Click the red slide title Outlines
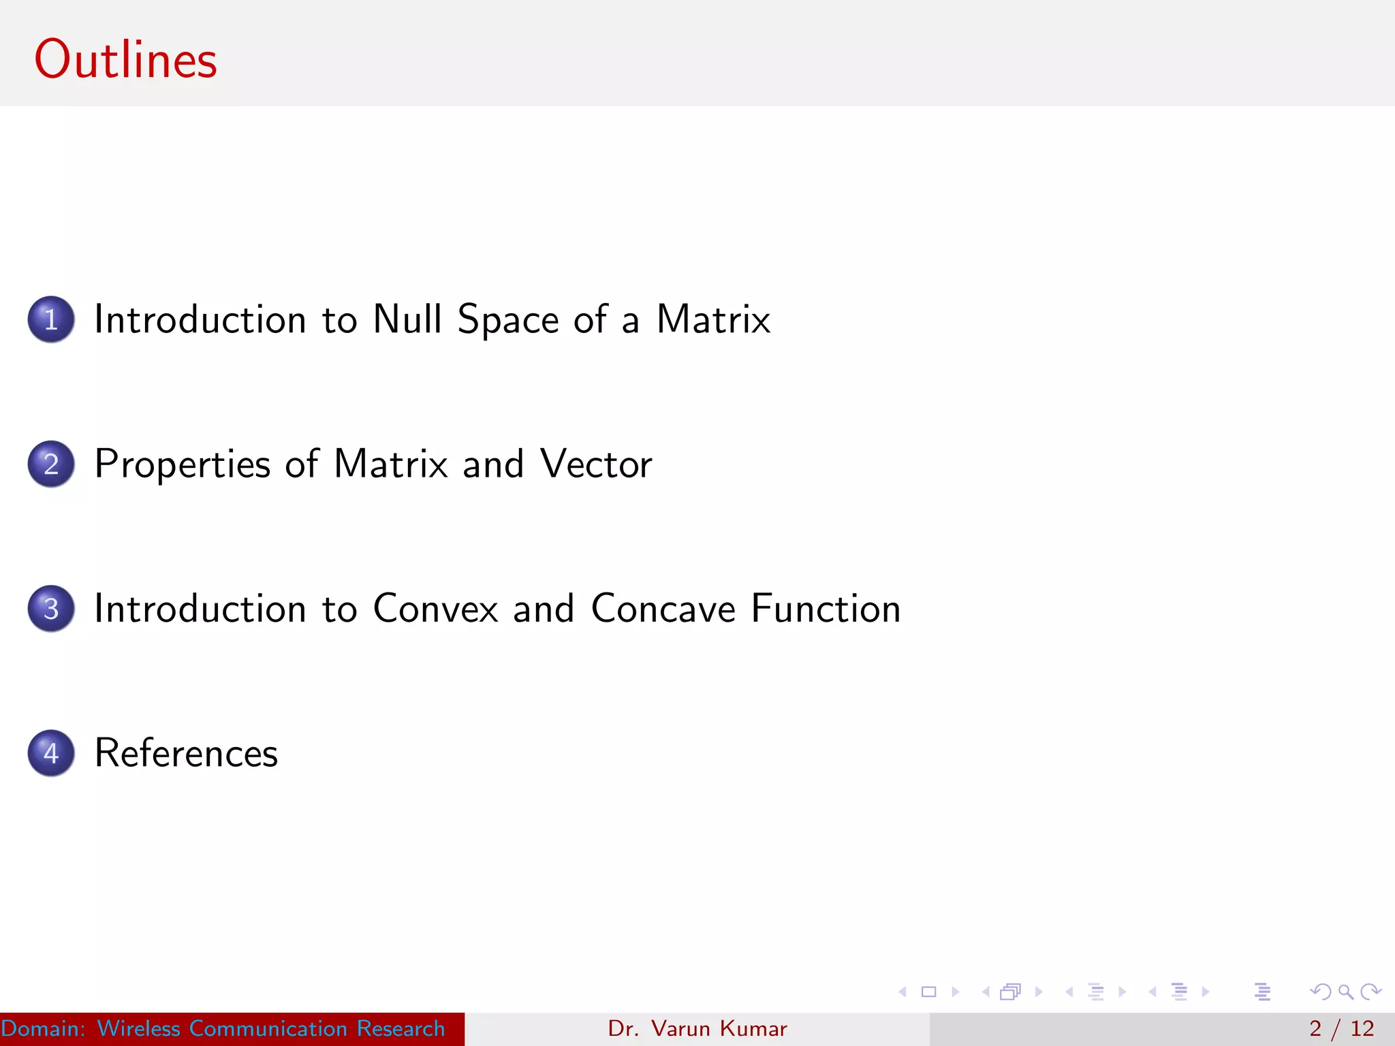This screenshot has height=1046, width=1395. pyautogui.click(x=125, y=60)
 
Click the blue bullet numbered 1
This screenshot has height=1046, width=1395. pyautogui.click(x=51, y=319)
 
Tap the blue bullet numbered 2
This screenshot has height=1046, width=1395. pyautogui.click(x=51, y=464)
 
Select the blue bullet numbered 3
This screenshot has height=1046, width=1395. pyautogui.click(x=51, y=608)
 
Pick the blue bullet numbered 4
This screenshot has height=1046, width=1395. pyautogui.click(x=51, y=753)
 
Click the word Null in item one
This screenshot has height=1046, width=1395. pyautogui.click(x=407, y=319)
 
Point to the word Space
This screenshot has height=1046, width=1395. pyautogui.click(x=507, y=320)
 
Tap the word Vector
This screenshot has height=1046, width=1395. pyautogui.click(x=596, y=464)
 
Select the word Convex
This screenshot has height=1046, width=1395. pyautogui.click(x=435, y=608)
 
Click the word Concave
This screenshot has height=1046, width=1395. pyautogui.click(x=663, y=608)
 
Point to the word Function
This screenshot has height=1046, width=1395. pyautogui.click(x=826, y=608)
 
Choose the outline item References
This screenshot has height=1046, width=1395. pyautogui.click(x=186, y=753)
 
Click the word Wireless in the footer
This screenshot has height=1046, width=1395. pyautogui.click(x=138, y=1028)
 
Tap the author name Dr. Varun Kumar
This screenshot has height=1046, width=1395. pyautogui.click(x=697, y=1028)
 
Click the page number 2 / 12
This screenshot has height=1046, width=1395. pyautogui.click(x=1341, y=1028)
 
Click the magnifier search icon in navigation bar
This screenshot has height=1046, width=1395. pyautogui.click(x=1345, y=992)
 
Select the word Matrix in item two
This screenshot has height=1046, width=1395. pyautogui.click(x=391, y=464)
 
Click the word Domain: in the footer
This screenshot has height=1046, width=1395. pyautogui.click(x=43, y=1028)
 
